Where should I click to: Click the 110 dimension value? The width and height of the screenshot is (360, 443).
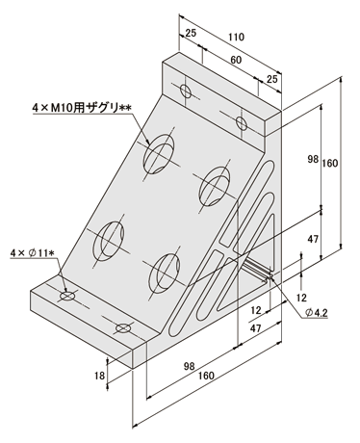(236, 38)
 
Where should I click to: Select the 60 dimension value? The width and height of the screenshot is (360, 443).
(236, 60)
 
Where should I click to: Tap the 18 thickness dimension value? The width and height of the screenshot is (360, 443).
(100, 375)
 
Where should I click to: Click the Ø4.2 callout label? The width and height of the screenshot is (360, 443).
(317, 312)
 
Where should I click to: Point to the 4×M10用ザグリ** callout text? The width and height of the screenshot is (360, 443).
(82, 108)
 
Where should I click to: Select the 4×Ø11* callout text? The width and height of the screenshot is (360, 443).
(32, 253)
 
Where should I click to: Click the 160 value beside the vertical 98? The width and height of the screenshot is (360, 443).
(330, 163)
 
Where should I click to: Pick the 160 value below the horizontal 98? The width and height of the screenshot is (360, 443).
(206, 376)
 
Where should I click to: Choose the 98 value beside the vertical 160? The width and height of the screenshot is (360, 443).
(313, 159)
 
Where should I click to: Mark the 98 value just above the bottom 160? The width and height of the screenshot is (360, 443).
(190, 366)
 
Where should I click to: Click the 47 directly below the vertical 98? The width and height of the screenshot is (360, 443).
(313, 239)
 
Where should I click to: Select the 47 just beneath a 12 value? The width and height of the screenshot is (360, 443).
(255, 328)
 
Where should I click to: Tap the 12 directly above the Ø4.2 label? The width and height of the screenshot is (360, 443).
(301, 298)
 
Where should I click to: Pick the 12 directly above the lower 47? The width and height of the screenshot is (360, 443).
(256, 310)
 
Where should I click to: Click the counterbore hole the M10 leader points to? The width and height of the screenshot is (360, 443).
(159, 154)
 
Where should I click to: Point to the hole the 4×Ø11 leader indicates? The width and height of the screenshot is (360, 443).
(67, 296)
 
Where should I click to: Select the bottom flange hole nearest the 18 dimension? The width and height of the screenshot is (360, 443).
(124, 328)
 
